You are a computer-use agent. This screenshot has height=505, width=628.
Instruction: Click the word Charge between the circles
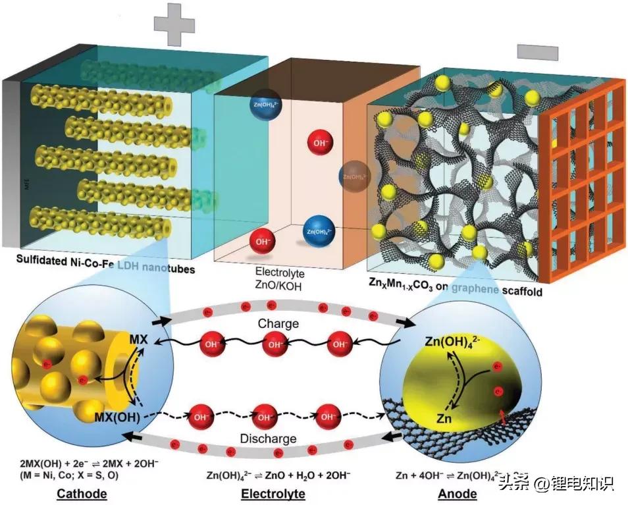278,324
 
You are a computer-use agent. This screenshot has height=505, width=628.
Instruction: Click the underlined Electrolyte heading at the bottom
273,493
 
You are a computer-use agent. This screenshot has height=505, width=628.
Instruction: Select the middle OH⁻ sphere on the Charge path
277,344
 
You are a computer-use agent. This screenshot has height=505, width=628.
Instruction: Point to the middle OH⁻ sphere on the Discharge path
266,417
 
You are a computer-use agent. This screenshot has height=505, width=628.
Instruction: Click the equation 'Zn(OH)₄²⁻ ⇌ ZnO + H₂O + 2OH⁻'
278,474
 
